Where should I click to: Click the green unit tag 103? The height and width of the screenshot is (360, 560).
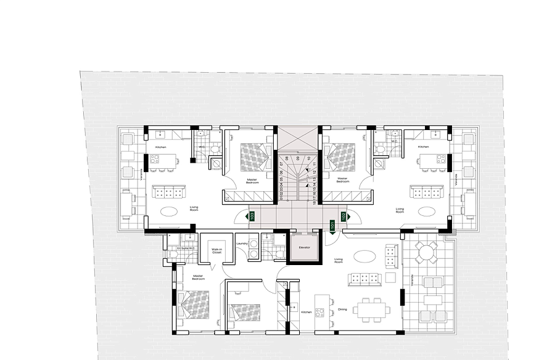[251, 216]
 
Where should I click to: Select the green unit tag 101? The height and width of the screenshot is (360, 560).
[332, 226]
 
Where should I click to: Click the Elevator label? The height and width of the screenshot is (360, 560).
[303, 247]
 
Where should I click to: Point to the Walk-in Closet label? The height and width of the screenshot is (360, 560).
[216, 250]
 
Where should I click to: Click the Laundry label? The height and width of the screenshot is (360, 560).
[242, 243]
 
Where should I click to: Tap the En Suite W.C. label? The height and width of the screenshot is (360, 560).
[186, 248]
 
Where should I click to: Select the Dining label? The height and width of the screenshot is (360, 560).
[342, 309]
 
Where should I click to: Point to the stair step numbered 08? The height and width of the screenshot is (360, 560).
[287, 158]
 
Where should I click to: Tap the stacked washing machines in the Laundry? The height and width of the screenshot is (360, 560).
[252, 246]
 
